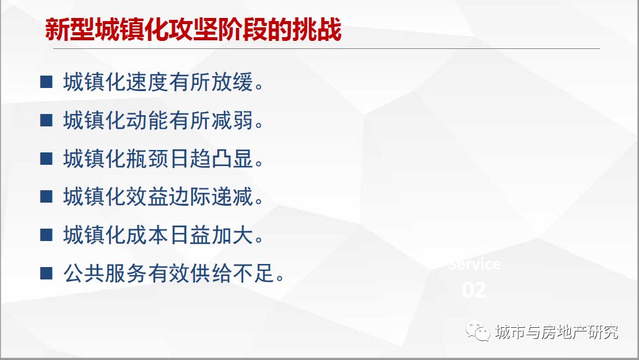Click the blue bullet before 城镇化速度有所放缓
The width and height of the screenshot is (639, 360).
coord(46,82)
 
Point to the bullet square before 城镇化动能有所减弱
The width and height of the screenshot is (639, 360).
coord(46,120)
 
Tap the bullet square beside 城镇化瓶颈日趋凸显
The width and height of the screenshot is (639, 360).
coord(46,159)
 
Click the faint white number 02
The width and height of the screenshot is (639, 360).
coord(474,290)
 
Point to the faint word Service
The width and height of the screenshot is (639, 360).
coord(474,265)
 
